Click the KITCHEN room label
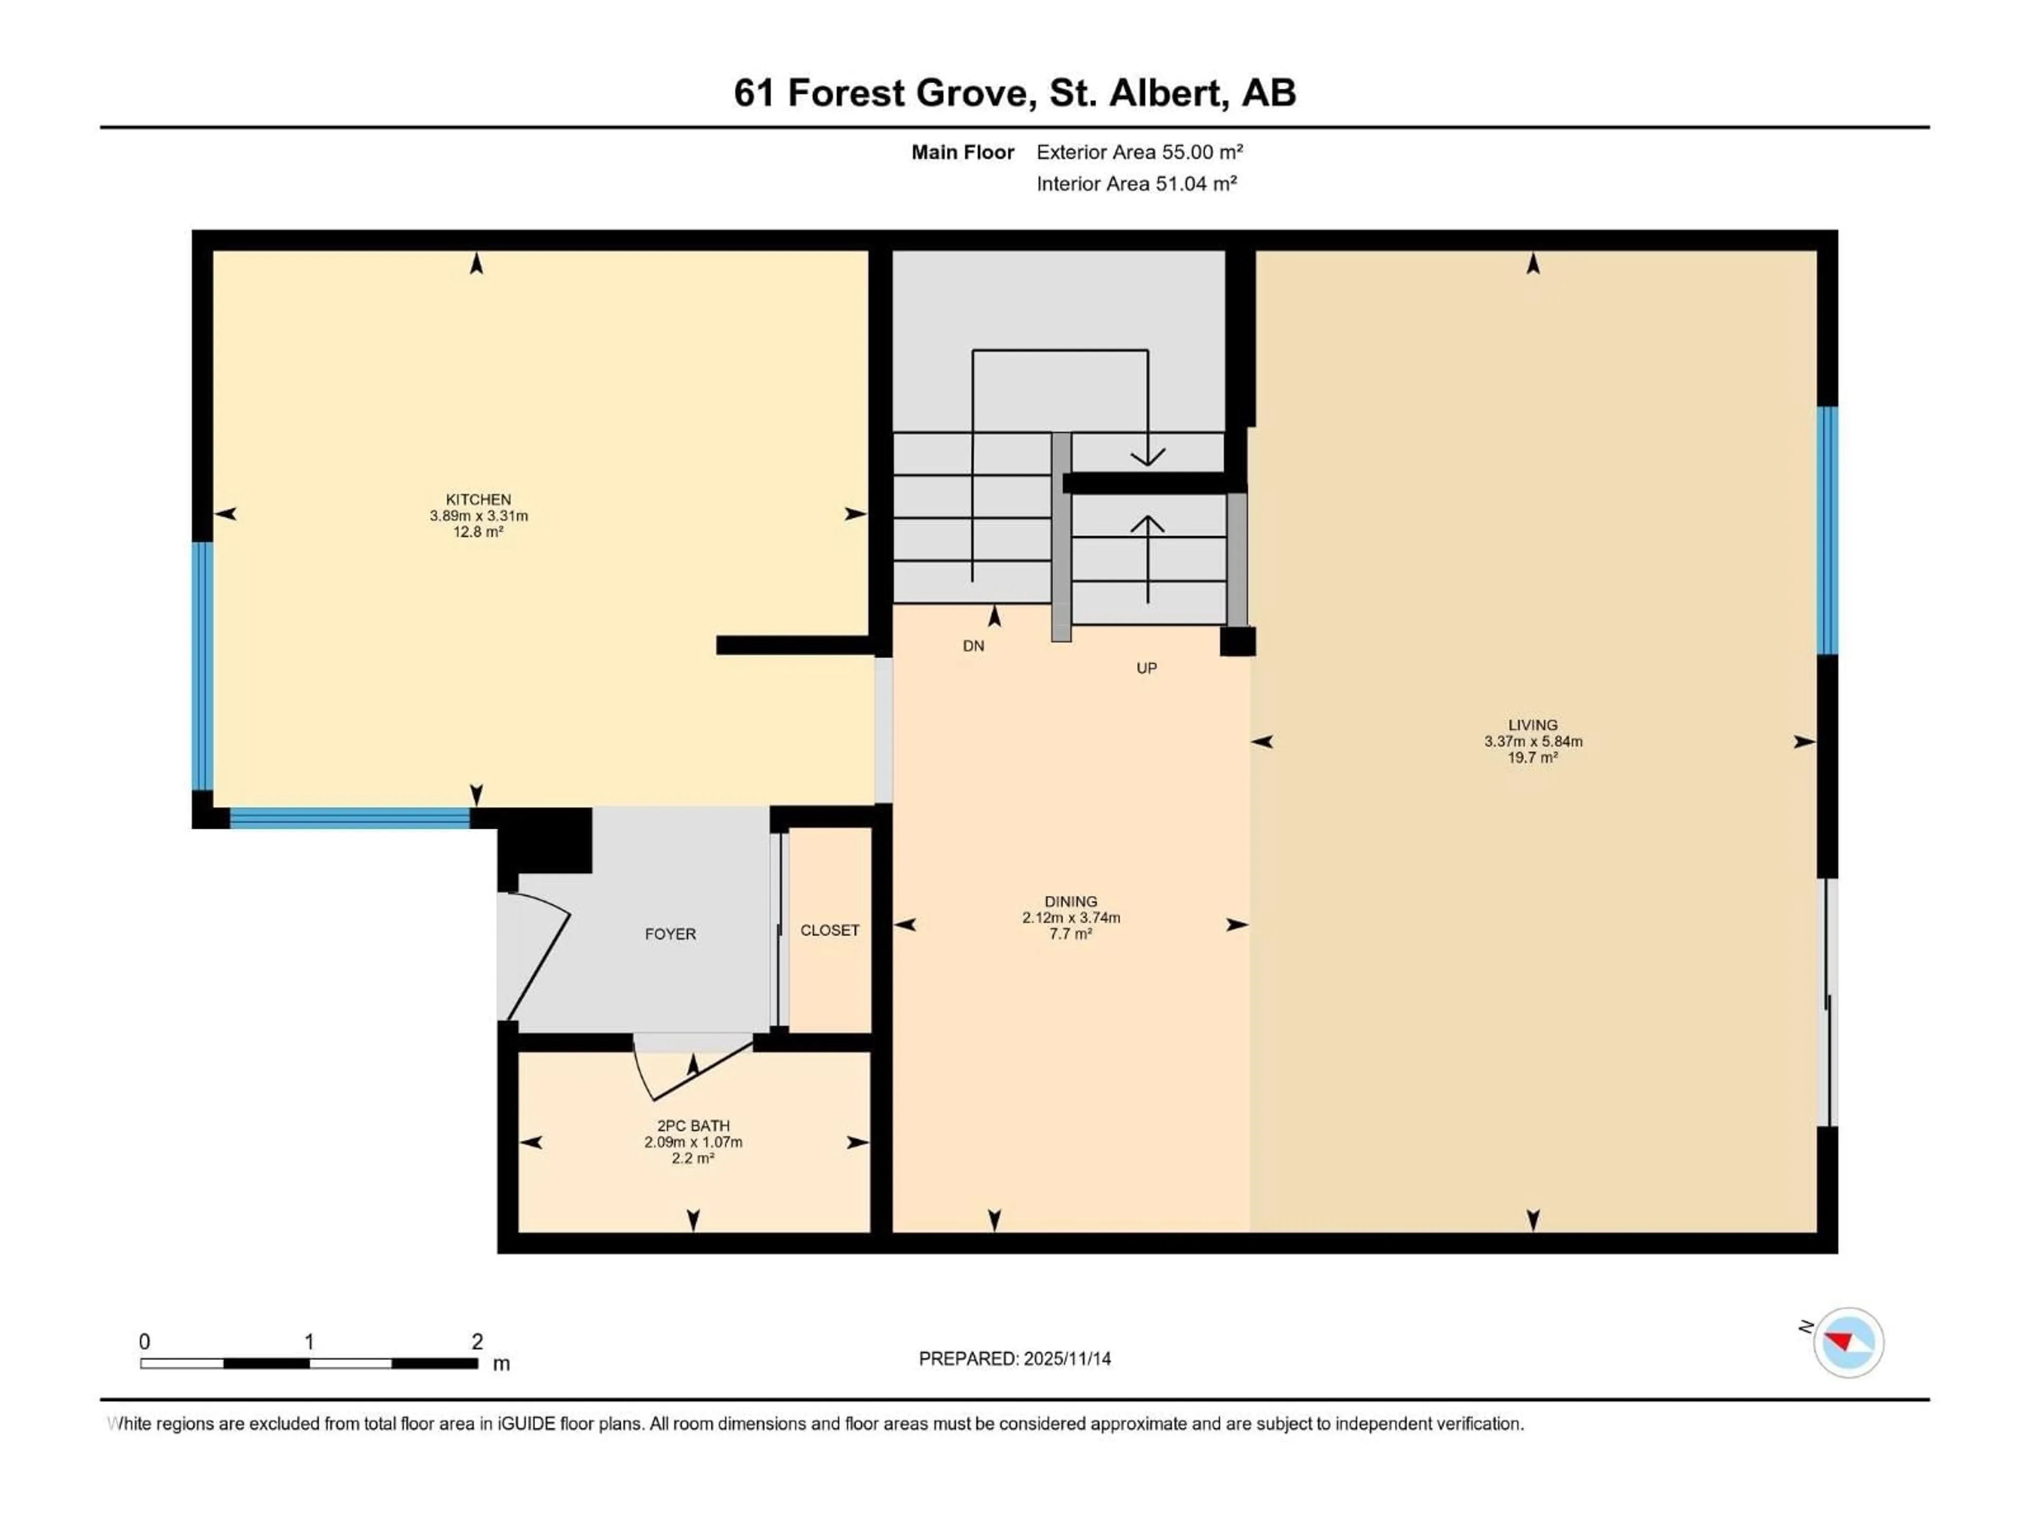(x=478, y=499)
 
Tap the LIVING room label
(x=1532, y=724)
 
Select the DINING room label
(x=1071, y=902)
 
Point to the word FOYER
(x=670, y=933)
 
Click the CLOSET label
(x=830, y=930)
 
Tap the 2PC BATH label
(x=693, y=1125)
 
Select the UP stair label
(x=1147, y=668)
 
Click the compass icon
(x=1849, y=1343)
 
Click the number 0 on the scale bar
(x=144, y=1341)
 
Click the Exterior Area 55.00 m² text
(x=1139, y=152)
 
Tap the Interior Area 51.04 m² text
(x=1137, y=184)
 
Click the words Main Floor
(x=962, y=152)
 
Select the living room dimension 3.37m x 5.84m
(x=1532, y=741)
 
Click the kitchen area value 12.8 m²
(x=478, y=531)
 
